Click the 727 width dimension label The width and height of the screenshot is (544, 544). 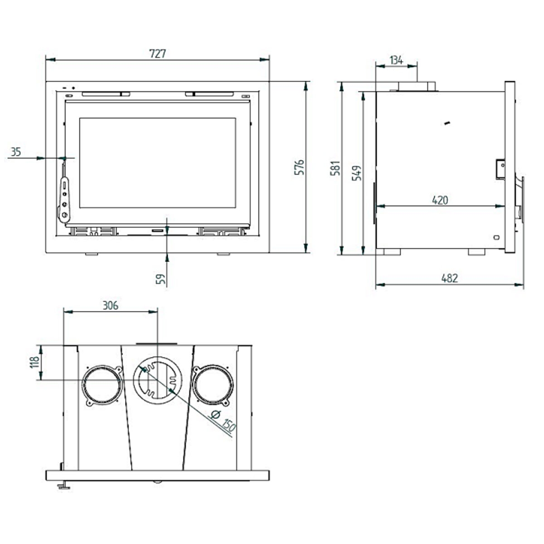click(158, 53)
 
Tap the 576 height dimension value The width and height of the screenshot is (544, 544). click(299, 167)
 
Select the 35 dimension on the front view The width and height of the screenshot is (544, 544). click(16, 152)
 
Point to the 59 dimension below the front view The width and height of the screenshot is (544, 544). click(160, 277)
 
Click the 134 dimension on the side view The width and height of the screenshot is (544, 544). click(396, 60)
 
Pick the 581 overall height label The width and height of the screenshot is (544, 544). click(336, 169)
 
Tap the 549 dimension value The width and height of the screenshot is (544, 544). click(357, 173)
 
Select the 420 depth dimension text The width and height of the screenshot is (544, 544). click(440, 200)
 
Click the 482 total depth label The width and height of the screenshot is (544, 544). click(449, 278)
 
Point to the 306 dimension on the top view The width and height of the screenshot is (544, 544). click(110, 306)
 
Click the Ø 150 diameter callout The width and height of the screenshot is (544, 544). click(223, 421)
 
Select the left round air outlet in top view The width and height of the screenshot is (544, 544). click(102, 385)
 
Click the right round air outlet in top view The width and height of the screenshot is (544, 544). click(213, 385)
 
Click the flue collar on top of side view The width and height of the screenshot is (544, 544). click(417, 86)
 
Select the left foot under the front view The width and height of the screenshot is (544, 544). click(92, 254)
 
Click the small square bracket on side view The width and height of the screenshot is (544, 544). click(500, 169)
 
